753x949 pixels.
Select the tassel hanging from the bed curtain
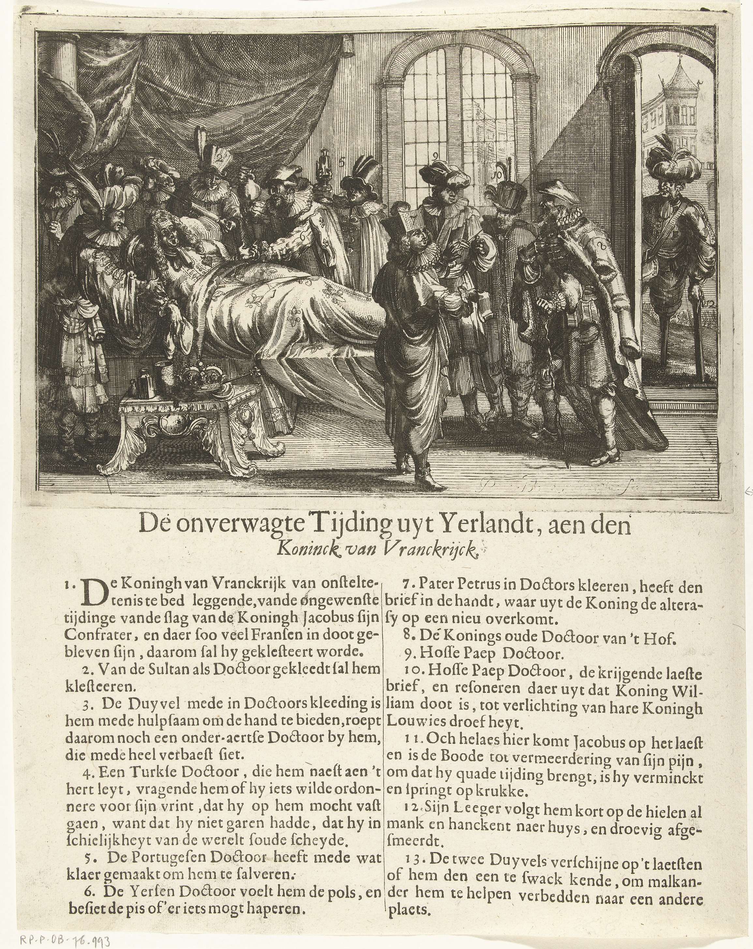coord(348,46)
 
